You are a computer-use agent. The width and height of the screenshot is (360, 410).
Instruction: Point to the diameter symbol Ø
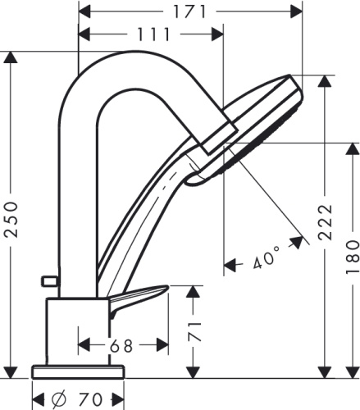tap(60, 400)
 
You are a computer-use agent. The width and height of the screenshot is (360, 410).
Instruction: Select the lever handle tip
tap(164, 289)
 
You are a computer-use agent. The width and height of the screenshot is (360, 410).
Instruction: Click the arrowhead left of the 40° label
tap(230, 264)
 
